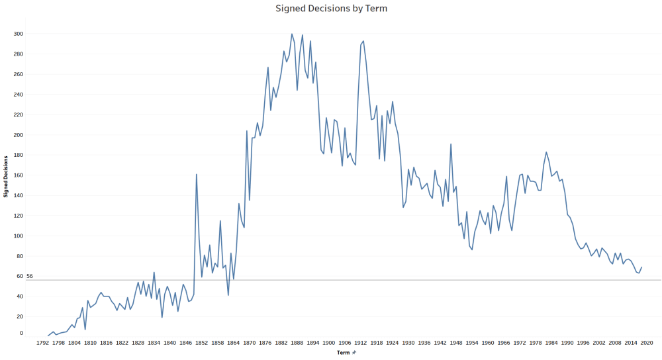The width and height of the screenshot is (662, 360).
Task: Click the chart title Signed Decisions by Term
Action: click(331, 9)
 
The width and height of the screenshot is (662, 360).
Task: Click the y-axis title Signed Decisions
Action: click(7, 176)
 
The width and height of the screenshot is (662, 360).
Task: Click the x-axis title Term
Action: click(343, 353)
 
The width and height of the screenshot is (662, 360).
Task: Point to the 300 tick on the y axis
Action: click(19, 34)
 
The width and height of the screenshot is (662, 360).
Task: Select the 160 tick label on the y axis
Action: click(19, 175)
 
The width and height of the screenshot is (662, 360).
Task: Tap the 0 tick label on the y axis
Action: click(21, 333)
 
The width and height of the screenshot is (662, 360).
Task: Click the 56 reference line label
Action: click(29, 276)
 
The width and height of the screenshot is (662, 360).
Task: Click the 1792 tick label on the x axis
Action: click(42, 343)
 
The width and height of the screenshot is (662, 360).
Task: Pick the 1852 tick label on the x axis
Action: click(202, 343)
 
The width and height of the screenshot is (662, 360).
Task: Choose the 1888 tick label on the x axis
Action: click(297, 343)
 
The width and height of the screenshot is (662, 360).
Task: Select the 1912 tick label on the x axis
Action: click(361, 343)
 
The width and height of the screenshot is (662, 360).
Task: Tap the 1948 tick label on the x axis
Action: click(456, 343)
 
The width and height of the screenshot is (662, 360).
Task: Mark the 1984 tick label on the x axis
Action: click(551, 343)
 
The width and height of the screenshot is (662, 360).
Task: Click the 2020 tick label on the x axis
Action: click(647, 343)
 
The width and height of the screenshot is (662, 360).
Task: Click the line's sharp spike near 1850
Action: click(197, 174)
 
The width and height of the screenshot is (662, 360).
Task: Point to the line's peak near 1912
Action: click(363, 41)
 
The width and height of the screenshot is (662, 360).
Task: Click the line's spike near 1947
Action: click(451, 144)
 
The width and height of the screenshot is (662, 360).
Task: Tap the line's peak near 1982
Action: click(546, 152)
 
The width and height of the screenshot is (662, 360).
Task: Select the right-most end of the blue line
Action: click(641, 267)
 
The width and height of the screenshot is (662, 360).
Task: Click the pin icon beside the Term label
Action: click(354, 353)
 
